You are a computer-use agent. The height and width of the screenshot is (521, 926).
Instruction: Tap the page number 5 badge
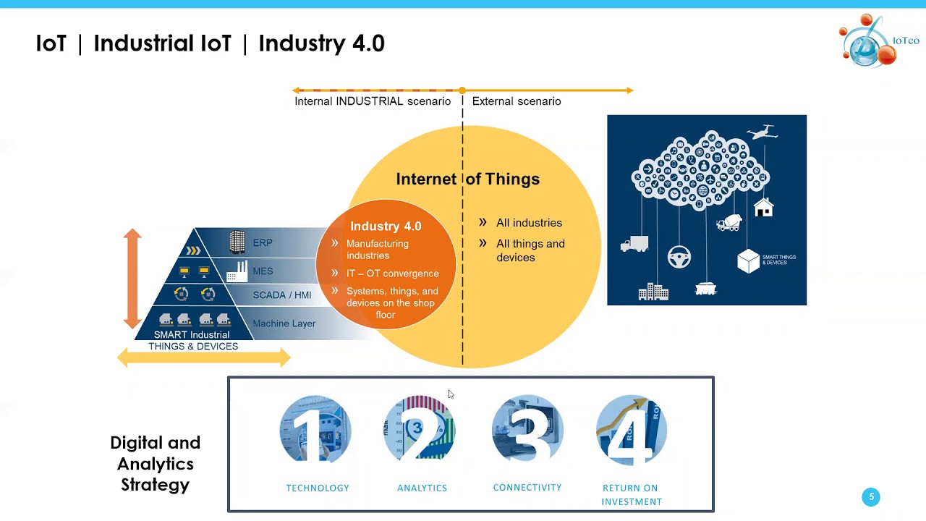tap(871, 497)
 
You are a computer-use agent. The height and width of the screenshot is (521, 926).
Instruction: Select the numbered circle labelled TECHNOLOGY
tap(315, 429)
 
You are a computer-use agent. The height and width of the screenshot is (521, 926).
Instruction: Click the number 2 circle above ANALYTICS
tap(420, 429)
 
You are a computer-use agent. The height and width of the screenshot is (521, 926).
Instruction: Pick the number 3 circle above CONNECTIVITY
tap(527, 429)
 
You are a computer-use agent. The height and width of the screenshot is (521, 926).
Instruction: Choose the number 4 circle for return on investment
tap(632, 429)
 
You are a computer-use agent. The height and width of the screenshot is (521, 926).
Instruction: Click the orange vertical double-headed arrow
tap(132, 279)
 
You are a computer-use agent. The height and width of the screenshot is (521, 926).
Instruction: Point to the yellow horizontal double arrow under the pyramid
tap(203, 357)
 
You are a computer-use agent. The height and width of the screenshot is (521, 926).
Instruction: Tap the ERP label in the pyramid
tap(263, 243)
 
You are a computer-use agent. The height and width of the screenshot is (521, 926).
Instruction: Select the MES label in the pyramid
tap(263, 271)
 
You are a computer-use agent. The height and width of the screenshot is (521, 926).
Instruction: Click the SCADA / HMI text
tap(282, 295)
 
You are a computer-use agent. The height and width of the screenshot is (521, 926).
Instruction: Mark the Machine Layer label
tap(284, 323)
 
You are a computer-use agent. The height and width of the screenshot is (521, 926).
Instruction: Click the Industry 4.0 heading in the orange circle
tap(386, 226)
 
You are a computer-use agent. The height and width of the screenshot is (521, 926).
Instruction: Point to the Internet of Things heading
tap(467, 179)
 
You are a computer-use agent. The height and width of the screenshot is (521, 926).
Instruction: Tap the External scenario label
tap(517, 101)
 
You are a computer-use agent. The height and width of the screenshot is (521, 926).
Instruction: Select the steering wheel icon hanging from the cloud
tap(679, 256)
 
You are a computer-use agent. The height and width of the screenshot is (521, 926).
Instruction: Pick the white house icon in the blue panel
tap(763, 208)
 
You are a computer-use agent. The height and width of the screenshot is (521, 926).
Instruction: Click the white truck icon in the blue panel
tap(634, 245)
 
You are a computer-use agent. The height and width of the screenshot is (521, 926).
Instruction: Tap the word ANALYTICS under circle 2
tap(422, 488)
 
